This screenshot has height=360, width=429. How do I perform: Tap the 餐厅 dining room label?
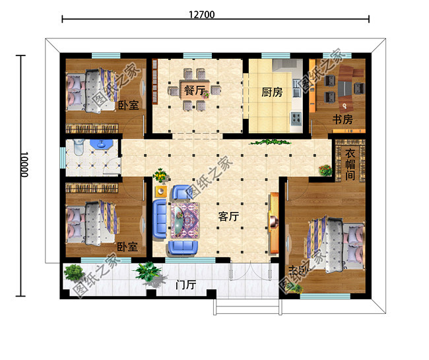194,91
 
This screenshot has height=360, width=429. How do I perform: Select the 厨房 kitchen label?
272,92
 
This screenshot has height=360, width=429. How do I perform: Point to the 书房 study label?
341,120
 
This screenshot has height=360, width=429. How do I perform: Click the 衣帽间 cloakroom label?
350,164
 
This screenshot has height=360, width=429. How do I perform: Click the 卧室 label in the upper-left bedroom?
127,105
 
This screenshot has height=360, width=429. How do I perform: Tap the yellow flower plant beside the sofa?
160,176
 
